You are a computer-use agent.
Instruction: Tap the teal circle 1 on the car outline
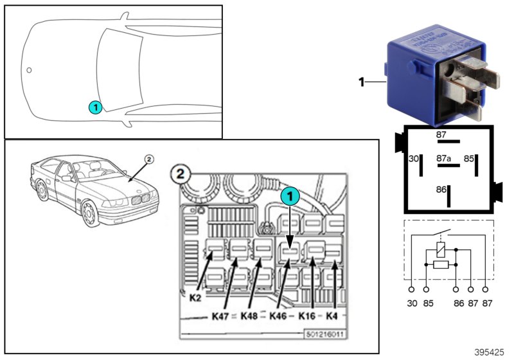pyautogui.click(x=94, y=107)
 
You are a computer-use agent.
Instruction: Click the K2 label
pyautogui.click(x=196, y=298)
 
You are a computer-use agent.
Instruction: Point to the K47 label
pyautogui.click(x=220, y=316)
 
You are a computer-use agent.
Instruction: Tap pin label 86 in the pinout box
pyautogui.click(x=441, y=190)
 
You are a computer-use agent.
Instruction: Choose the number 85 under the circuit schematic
pyautogui.click(x=427, y=303)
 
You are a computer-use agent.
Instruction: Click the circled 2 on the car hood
pyautogui.click(x=148, y=158)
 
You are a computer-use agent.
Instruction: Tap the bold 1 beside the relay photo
pyautogui.click(x=361, y=82)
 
